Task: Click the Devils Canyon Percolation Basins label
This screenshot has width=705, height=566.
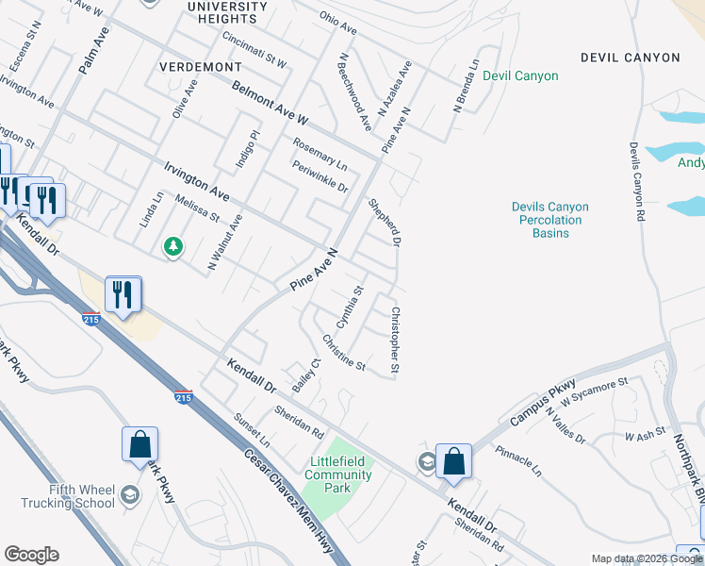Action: [549, 220]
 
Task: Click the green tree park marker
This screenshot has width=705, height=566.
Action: [172, 247]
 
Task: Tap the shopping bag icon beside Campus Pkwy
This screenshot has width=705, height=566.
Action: [453, 460]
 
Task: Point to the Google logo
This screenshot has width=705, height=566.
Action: [31, 555]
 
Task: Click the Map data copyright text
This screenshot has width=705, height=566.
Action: [646, 558]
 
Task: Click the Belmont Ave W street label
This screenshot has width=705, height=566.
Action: [271, 105]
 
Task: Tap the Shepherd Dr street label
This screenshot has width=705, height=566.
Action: [385, 223]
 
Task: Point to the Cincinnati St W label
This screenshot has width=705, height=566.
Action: [254, 50]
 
